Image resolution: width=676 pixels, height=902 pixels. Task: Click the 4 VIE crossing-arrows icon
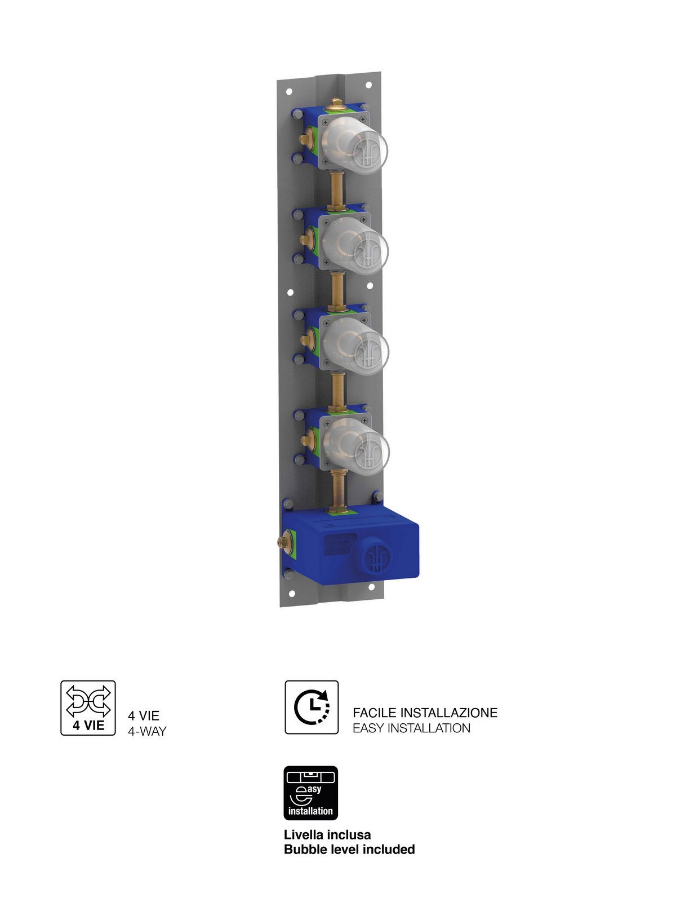pos(88,708)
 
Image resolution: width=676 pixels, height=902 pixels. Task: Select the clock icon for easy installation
pos(312,707)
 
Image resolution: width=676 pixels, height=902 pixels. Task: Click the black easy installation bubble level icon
pos(311,793)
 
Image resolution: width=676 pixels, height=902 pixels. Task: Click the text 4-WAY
pos(147,731)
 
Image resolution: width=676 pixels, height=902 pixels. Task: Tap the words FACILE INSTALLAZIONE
pos(425,713)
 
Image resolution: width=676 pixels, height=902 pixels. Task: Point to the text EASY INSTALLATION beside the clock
pos(411,728)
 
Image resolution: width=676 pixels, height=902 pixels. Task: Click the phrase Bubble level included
pos(349,849)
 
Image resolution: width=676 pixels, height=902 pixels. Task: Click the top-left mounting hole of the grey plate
pos(289,91)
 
